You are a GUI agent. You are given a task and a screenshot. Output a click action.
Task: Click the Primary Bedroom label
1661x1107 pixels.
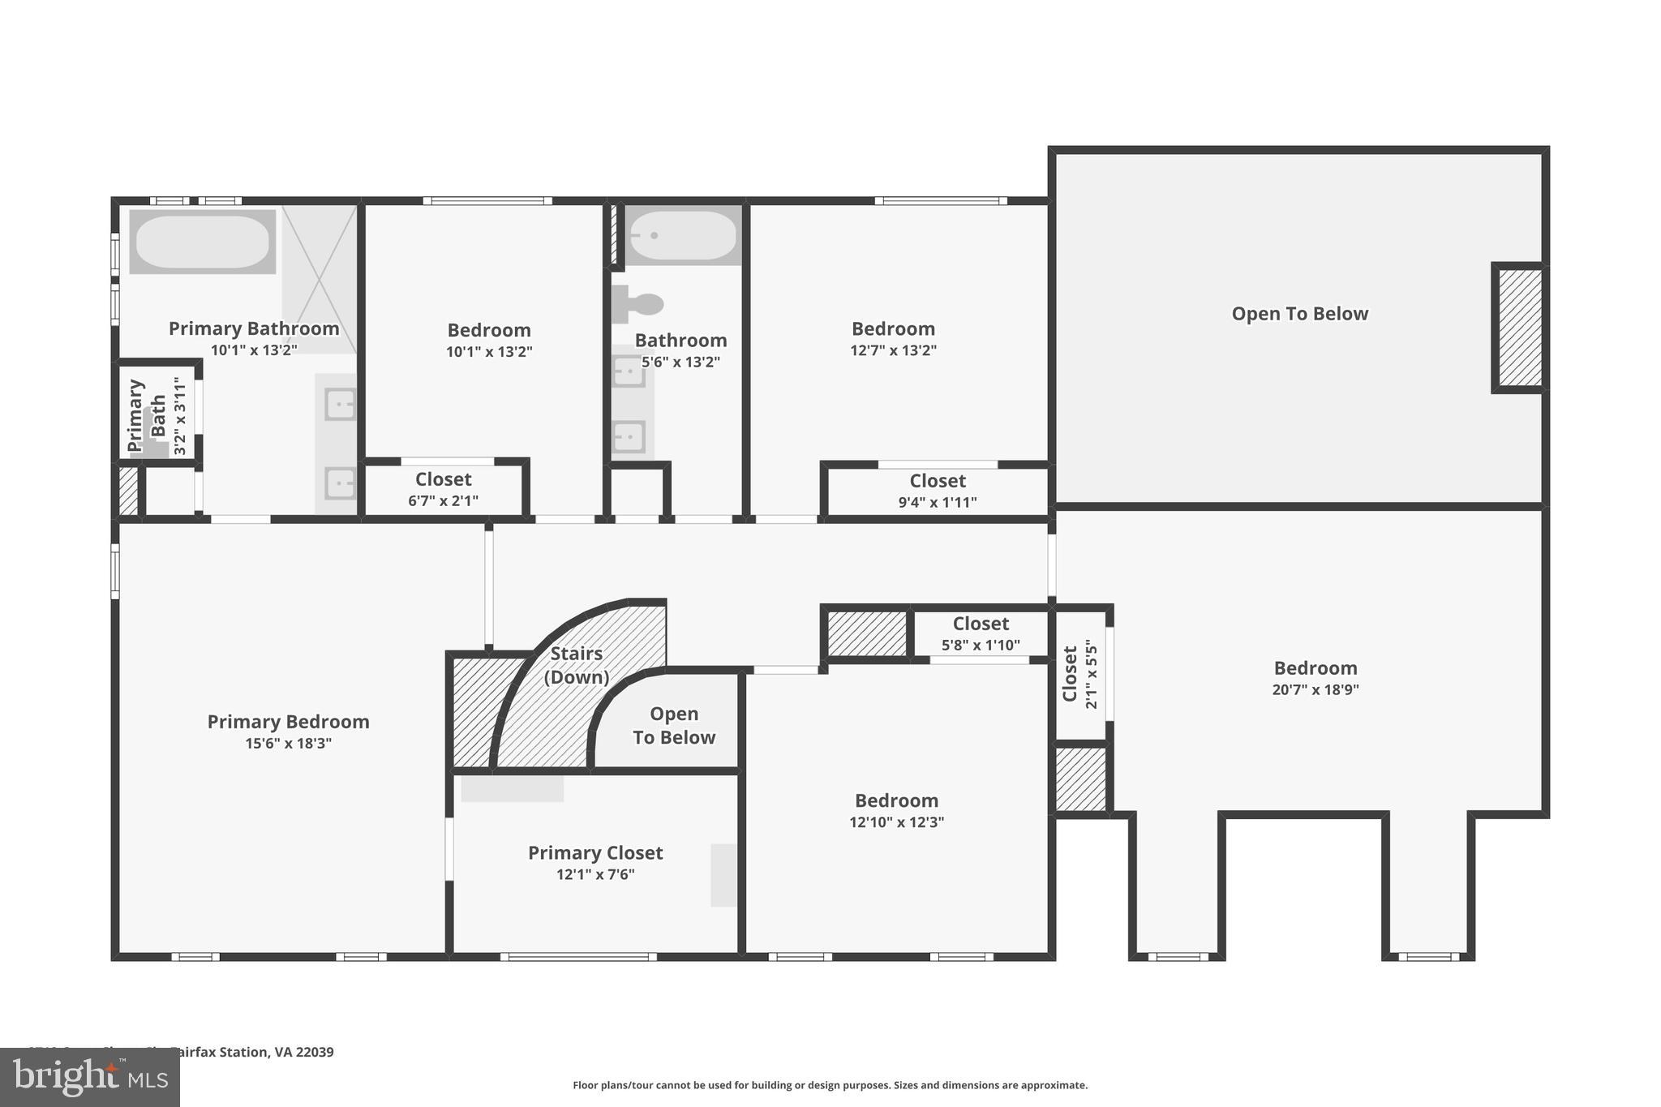coord(288,722)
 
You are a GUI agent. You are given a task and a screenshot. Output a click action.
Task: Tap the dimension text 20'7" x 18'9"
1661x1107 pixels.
coord(1315,690)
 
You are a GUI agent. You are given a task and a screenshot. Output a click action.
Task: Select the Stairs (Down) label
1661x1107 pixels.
coord(576,665)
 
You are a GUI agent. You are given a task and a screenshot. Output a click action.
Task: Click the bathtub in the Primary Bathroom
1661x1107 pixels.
coord(202,241)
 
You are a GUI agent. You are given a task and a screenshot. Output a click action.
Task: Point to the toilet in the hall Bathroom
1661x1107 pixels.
coord(639,304)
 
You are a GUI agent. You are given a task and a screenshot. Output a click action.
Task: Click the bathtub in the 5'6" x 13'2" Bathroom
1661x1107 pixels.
coord(683,235)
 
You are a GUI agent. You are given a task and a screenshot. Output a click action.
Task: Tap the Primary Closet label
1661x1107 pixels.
coord(595,853)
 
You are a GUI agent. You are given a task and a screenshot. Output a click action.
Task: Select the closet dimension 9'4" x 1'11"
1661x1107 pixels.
coord(937,502)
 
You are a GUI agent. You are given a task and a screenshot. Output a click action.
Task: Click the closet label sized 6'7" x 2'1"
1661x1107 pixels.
coord(443,479)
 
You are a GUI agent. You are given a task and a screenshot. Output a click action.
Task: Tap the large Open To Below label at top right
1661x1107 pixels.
coord(1299,314)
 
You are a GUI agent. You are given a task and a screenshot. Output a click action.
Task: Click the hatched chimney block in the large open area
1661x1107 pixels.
coord(1519,328)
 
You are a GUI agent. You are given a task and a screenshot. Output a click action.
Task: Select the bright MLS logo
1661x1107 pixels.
coord(89,1077)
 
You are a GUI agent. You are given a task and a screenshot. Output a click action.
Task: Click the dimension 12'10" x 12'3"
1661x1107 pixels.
coord(896,822)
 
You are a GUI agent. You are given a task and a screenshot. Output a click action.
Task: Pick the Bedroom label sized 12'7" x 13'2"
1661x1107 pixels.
coord(893,329)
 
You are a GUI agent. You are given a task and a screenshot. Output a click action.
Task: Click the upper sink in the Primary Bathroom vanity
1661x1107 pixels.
coord(339,404)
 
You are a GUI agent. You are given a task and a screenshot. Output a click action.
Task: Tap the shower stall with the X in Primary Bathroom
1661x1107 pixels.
coord(319,278)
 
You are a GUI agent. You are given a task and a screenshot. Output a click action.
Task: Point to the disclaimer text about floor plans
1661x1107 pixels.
coord(830,1085)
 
